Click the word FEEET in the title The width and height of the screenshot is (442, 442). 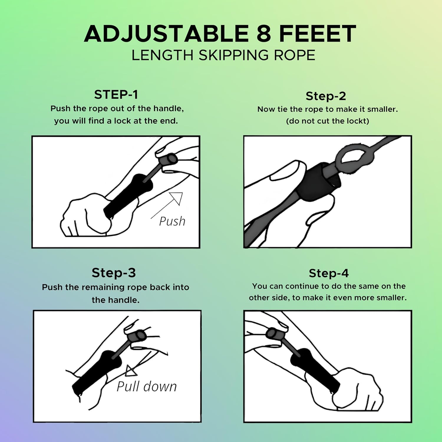point(318,34)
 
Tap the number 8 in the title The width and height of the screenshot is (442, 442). point(264,34)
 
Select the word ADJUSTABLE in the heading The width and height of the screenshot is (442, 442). point(166,34)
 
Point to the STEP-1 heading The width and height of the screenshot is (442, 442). point(116,95)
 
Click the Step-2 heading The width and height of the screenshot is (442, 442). point(326,96)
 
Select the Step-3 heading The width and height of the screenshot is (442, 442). point(114,273)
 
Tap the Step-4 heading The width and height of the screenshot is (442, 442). point(329,273)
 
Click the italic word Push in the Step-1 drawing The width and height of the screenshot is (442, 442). point(172,221)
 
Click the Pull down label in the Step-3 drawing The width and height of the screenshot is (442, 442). point(147,386)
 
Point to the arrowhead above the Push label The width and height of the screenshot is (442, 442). point(177,198)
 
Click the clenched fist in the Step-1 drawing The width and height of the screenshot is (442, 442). point(85,215)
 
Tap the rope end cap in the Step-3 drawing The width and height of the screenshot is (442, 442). point(138,335)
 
